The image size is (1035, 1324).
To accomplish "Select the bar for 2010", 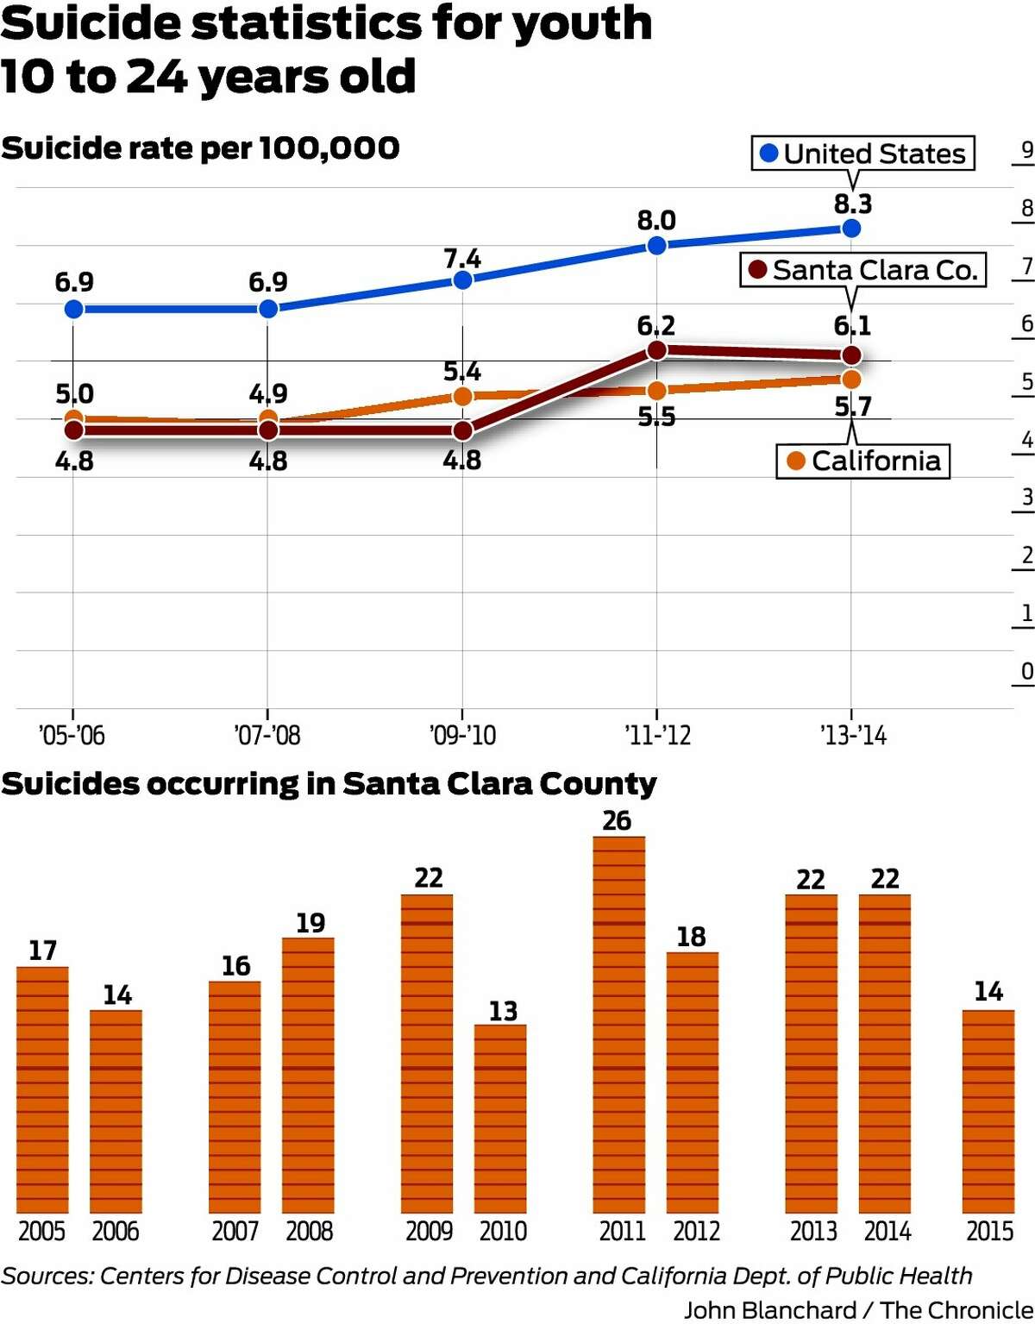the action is click(500, 1119).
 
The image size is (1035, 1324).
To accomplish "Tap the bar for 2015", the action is click(988, 1111).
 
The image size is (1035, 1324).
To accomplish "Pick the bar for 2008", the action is click(308, 1075).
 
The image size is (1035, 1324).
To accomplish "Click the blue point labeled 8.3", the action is click(851, 229).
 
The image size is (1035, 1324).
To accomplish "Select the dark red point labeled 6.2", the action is click(656, 350).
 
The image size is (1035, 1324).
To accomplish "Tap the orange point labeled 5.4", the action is click(463, 397).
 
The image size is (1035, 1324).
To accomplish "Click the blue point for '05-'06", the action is click(73, 309).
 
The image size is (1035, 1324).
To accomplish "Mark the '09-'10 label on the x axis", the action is click(463, 736).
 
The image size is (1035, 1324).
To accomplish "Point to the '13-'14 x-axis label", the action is click(853, 736).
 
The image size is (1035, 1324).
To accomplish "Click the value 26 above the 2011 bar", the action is click(617, 821).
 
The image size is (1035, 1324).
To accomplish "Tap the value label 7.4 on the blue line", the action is click(462, 259).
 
